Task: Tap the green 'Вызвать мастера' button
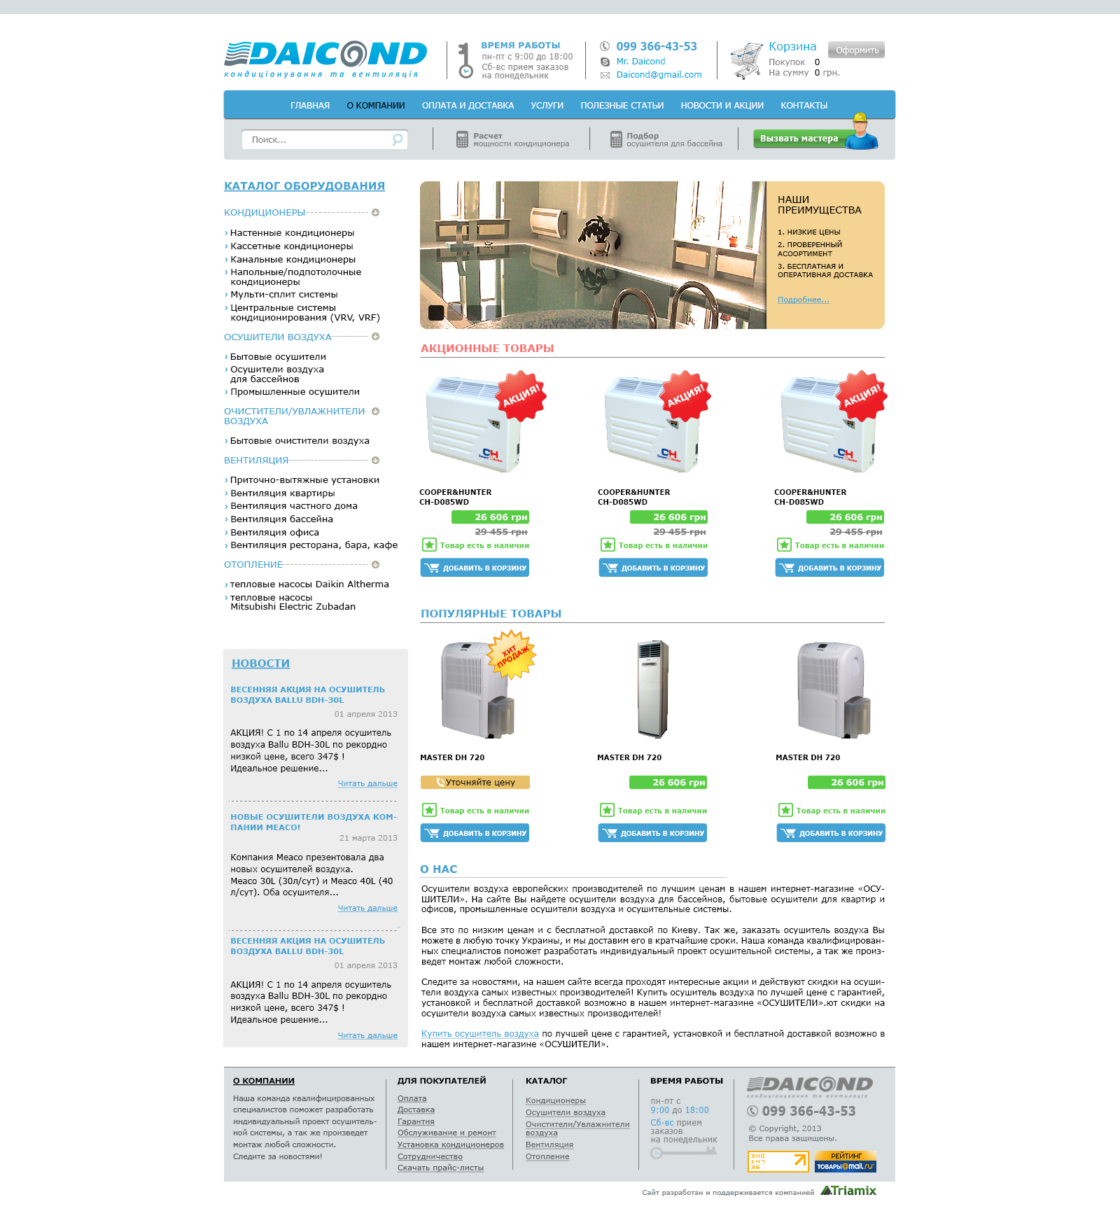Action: (799, 139)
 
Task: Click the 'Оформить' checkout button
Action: (856, 50)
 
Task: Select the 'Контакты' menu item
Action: (804, 106)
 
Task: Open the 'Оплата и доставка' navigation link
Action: (468, 106)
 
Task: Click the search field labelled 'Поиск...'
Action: (318, 140)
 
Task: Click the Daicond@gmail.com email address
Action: (659, 75)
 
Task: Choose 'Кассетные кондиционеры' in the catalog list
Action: (291, 246)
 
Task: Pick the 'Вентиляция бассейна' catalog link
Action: (281, 519)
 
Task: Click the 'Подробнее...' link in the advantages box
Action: (803, 300)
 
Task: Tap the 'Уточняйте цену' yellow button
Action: (475, 783)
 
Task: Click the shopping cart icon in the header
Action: (745, 60)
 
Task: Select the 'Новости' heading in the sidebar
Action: (260, 664)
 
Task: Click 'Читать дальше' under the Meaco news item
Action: (367, 908)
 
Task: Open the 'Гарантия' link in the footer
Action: (416, 1121)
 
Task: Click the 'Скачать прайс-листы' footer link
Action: (440, 1168)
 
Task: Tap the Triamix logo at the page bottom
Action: (848, 1191)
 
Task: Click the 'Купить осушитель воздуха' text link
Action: (479, 1034)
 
